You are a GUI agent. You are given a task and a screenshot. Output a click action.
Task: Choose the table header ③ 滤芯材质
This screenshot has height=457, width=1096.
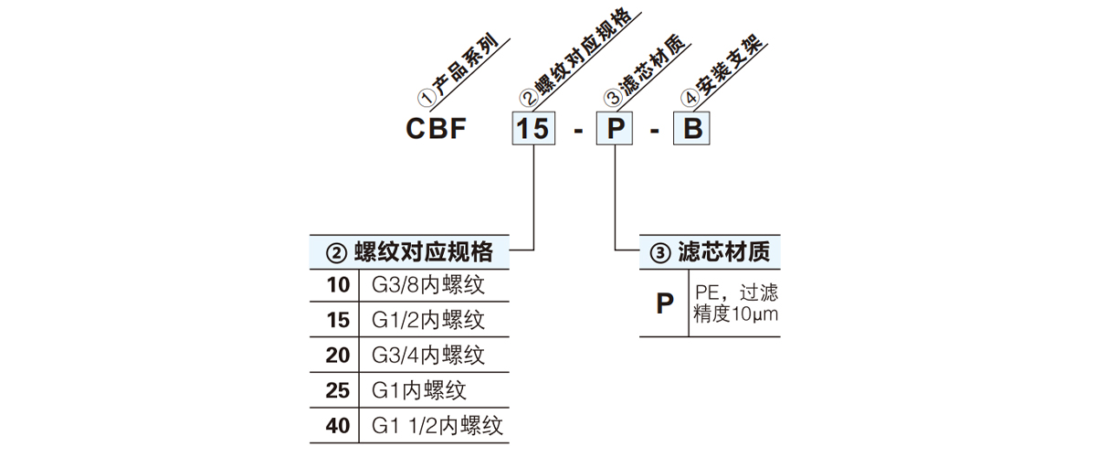pos(709,252)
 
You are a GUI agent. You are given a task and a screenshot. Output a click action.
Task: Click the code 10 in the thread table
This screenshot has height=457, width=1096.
pos(338,285)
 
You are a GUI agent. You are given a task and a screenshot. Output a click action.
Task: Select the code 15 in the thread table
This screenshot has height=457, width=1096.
pos(338,320)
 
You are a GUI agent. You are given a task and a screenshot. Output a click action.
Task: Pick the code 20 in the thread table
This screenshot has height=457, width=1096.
pos(338,355)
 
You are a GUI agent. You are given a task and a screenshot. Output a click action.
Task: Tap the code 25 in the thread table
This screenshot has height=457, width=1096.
pos(338,390)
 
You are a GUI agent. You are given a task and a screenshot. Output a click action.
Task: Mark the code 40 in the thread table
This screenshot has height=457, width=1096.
pos(338,425)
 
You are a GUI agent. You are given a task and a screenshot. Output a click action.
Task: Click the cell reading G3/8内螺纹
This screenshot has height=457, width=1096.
pos(427,285)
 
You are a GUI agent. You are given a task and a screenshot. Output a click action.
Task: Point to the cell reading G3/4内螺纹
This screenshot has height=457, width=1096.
pos(427,355)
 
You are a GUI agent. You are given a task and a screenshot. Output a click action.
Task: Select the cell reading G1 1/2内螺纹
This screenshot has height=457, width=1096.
pos(437,425)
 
